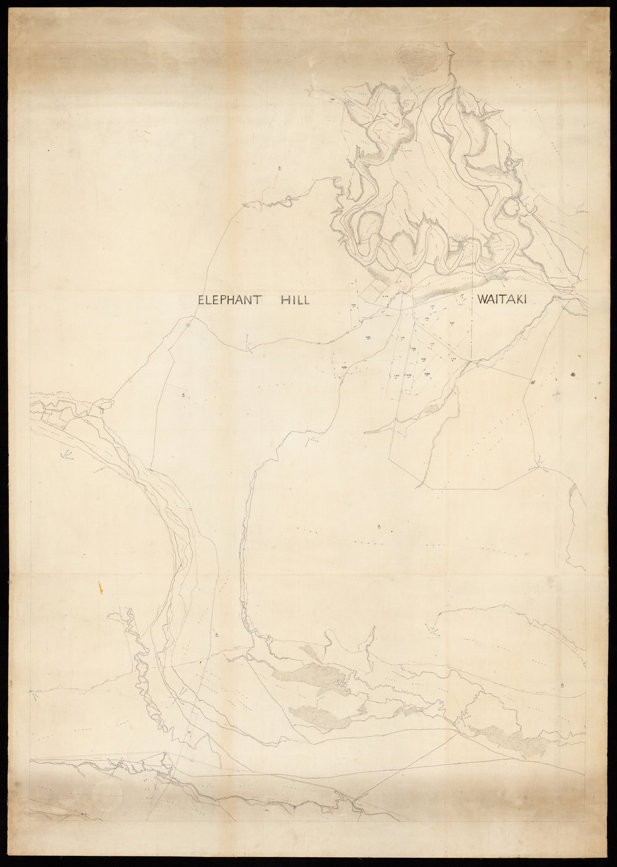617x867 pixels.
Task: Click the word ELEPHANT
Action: (231, 301)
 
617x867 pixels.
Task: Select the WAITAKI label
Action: (504, 300)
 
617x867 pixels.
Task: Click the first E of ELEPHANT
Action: (201, 301)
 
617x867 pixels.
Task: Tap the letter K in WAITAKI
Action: (521, 300)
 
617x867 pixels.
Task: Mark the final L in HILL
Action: (305, 301)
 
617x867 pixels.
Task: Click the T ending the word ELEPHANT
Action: (261, 301)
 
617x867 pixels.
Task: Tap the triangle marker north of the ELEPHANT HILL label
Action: (279, 167)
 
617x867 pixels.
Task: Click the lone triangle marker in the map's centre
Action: (378, 526)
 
